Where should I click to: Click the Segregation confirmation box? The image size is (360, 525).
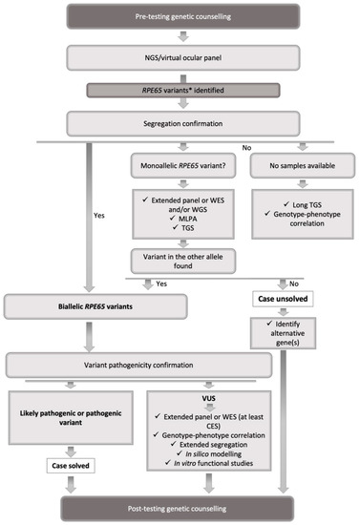point(180,122)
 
